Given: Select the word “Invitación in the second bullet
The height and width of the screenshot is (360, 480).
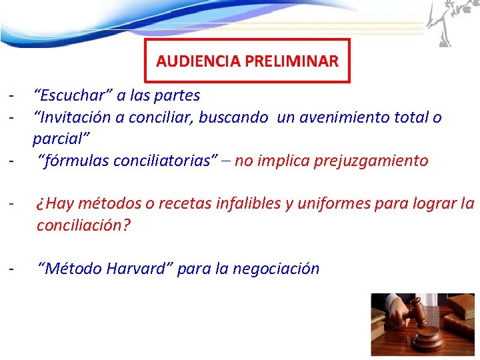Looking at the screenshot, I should point(75,117).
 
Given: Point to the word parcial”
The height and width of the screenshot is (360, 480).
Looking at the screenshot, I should point(61,139).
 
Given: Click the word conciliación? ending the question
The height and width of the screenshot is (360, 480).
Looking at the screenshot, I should point(84,225).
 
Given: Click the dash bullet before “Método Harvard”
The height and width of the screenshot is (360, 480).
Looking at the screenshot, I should point(11,269).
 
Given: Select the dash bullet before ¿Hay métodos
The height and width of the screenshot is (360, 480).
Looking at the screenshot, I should point(11,203).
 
